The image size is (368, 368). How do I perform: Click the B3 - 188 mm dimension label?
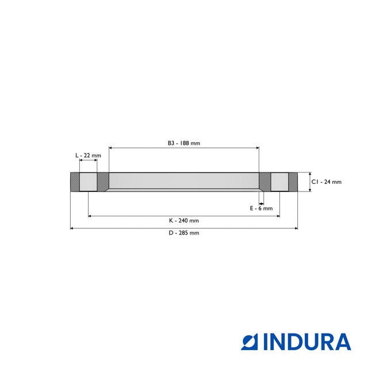click(184, 143)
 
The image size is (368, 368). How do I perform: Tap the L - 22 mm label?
click(88, 156)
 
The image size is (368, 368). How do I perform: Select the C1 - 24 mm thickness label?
click(327, 182)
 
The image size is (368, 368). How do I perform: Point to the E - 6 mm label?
click(261, 208)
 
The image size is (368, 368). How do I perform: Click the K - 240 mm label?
click(184, 221)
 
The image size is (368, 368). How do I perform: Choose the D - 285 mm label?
click(184, 233)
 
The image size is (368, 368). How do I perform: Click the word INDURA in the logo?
click(308, 342)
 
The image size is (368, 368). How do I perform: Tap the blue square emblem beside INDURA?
click(250, 342)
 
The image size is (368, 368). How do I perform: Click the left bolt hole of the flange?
click(88, 182)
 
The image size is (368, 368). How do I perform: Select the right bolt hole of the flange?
click(279, 182)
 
